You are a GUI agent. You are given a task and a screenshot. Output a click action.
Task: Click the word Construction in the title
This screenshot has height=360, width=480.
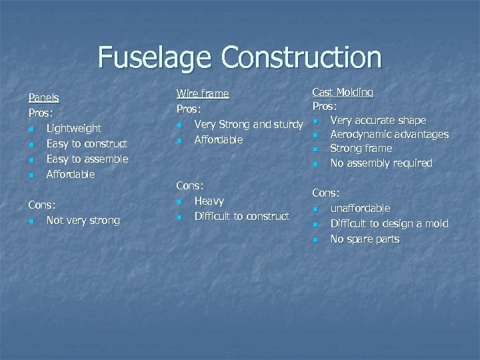point(302,57)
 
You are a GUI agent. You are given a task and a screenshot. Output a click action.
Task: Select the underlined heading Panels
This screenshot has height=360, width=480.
point(43,98)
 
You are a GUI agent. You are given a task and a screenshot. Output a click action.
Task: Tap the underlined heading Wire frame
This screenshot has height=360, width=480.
point(202,94)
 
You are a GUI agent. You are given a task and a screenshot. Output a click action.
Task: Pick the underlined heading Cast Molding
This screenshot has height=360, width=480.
point(343,92)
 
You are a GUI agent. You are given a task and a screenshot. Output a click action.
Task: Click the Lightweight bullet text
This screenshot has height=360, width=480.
point(73,128)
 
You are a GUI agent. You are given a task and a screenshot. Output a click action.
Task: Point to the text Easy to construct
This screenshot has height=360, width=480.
point(87,143)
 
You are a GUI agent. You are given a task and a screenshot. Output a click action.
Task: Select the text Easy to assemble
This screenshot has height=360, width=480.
point(87,159)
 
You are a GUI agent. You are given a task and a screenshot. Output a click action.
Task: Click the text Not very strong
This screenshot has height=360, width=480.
point(83,220)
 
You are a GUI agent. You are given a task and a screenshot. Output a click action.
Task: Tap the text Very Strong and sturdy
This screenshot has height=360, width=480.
point(244,124)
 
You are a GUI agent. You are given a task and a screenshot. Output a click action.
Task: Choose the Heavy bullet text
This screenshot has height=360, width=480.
point(209,201)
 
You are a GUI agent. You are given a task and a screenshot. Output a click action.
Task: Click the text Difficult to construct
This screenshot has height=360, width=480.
point(241,216)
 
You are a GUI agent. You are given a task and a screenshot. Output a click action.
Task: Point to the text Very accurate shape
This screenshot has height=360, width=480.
point(378,120)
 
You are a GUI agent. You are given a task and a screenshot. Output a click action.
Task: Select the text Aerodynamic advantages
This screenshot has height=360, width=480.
point(389,135)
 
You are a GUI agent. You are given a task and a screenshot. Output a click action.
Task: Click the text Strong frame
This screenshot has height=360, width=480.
point(361,149)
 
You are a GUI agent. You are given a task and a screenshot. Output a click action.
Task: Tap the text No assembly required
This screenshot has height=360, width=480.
point(381,163)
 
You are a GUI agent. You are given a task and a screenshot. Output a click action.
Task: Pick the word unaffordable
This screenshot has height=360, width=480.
point(360,209)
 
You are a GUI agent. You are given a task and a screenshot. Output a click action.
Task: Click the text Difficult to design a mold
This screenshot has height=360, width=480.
point(389,224)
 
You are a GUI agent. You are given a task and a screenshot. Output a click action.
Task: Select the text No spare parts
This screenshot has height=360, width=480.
point(365,239)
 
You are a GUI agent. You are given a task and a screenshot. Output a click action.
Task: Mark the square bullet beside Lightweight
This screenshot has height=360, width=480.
point(31,129)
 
